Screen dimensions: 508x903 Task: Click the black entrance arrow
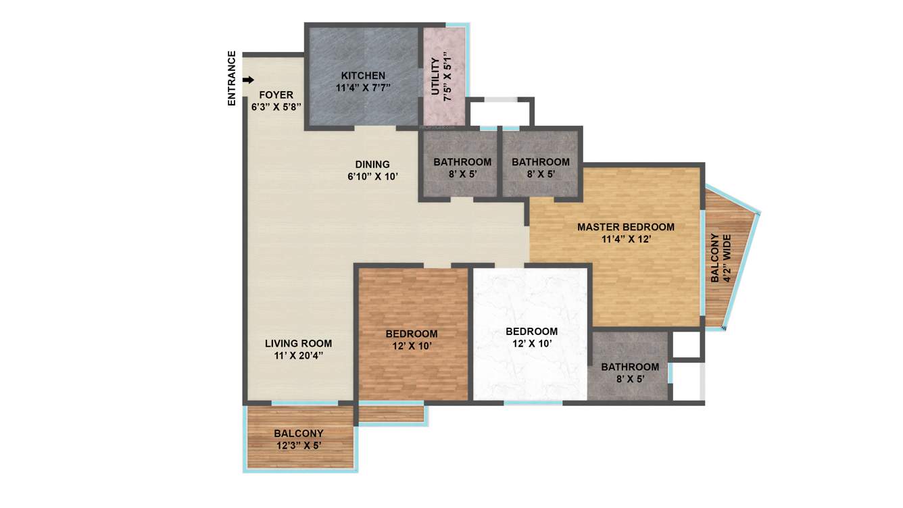pos(248,80)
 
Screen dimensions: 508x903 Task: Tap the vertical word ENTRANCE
pos(232,78)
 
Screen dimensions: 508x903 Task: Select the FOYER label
pos(276,95)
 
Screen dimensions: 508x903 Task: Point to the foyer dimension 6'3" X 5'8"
pos(276,107)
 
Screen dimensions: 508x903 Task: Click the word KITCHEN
pos(363,76)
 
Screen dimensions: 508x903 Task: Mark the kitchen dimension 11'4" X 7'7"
pos(363,88)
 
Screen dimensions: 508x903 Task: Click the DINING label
pos(372,164)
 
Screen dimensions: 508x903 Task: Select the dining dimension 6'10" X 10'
pos(372,177)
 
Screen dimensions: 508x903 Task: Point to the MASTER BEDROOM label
pos(625,227)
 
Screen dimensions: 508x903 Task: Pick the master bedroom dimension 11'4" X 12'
pos(625,239)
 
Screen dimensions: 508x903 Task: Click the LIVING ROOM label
pos(298,343)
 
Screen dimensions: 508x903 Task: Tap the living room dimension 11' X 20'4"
pos(298,356)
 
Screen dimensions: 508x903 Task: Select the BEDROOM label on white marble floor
pos(532,331)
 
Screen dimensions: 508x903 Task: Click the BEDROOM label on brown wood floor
pos(412,334)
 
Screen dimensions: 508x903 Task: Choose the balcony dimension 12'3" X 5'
pos(299,446)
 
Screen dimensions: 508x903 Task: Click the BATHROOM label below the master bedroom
pos(630,367)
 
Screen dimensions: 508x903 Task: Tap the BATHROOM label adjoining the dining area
pos(462,162)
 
